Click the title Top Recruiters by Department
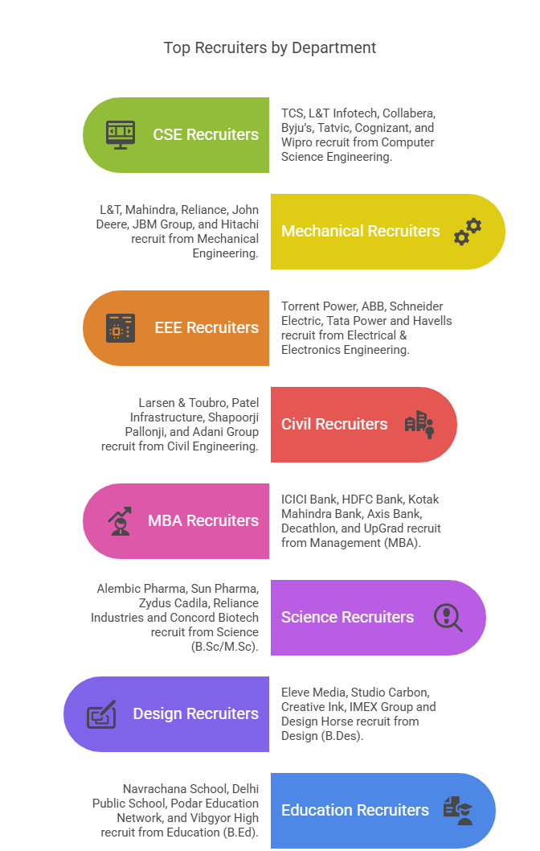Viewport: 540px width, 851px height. (270, 47)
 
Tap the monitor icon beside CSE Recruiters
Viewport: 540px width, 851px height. (121, 134)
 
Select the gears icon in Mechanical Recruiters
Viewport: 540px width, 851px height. (467, 231)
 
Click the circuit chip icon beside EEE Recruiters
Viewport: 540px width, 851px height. (121, 327)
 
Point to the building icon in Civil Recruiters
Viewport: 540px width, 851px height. (419, 424)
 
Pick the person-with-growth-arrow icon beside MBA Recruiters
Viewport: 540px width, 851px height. (121, 520)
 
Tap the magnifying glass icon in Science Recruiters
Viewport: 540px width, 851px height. (448, 617)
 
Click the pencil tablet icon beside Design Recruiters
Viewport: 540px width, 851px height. (101, 713)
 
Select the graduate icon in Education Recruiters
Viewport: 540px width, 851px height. (457, 810)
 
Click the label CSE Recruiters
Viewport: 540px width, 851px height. (206, 134)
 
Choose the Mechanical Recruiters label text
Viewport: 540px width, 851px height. (360, 231)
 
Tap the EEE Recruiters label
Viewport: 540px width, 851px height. (207, 327)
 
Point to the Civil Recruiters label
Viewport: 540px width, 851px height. (334, 424)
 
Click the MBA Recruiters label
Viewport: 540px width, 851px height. (203, 520)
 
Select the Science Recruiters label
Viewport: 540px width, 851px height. (347, 617)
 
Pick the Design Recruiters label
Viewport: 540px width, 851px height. (196, 713)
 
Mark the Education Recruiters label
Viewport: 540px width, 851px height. (354, 810)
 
